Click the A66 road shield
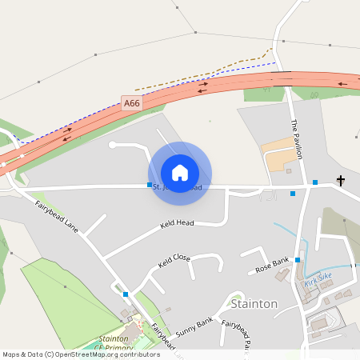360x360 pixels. [x=131, y=103]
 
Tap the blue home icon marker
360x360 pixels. [x=180, y=172]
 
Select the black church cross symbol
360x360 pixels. [x=341, y=181]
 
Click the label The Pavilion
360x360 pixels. [x=298, y=139]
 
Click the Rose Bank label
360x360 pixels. [x=272, y=264]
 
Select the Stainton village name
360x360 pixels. [x=254, y=304]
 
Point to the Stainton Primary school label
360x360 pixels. [x=112, y=343]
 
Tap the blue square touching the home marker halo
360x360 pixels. [x=150, y=185]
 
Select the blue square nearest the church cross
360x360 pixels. [x=315, y=183]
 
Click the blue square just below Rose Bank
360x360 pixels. [x=298, y=260]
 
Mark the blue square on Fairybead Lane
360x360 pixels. [x=126, y=294]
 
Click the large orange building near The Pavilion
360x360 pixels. [x=279, y=154]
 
